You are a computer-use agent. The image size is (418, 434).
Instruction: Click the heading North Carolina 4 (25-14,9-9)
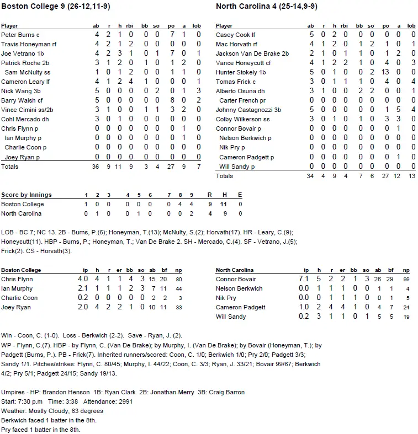266,7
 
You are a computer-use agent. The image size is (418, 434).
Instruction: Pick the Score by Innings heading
27,195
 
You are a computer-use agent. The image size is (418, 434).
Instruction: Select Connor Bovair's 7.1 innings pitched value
304,280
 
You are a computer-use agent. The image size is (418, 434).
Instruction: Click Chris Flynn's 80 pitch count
194,280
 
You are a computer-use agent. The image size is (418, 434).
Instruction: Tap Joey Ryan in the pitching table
16,308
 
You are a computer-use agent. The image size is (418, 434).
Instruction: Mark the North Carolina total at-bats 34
310,176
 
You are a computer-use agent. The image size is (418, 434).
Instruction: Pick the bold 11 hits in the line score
224,204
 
